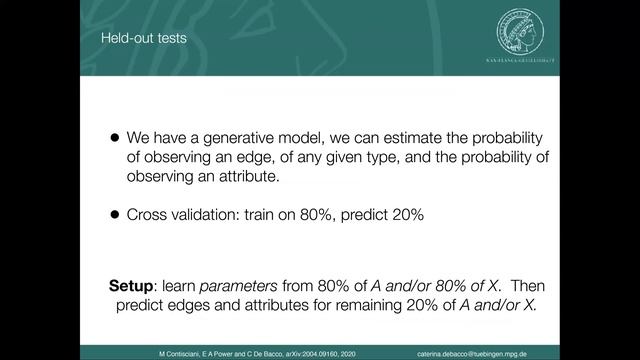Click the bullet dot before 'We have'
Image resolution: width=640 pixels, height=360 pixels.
point(115,139)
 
